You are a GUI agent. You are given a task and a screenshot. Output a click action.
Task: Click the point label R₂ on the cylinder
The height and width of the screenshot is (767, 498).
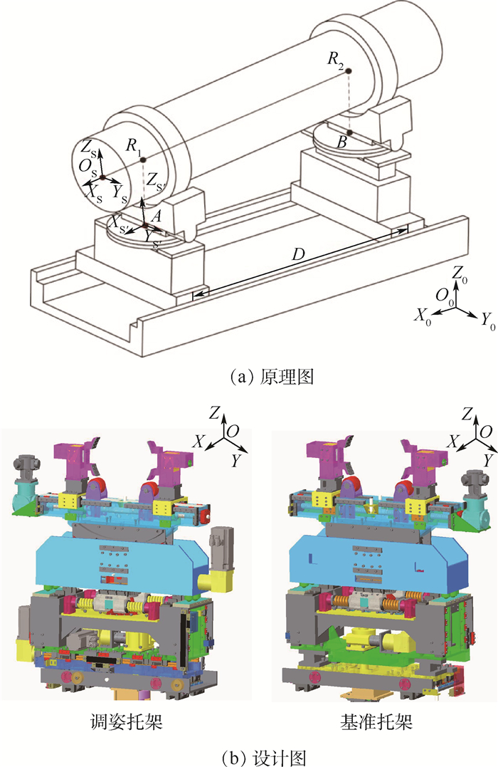336,60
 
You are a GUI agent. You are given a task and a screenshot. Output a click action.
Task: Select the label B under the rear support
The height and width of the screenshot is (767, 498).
343,142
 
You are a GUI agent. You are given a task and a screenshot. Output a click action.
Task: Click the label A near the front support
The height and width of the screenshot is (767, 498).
156,216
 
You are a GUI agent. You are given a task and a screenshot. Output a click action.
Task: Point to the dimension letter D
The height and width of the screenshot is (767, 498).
299,254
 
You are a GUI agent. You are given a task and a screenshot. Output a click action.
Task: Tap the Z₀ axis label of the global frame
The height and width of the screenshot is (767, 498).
460,275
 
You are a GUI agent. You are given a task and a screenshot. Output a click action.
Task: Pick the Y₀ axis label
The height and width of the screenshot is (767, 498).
488,322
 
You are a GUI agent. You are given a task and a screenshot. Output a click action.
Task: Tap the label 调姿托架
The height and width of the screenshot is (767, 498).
127,722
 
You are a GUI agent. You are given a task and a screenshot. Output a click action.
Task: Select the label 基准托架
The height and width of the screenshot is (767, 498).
377,722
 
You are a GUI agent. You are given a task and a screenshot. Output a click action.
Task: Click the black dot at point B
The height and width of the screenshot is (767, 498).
350,132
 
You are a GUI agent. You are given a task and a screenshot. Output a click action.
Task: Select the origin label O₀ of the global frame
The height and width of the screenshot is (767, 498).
444,295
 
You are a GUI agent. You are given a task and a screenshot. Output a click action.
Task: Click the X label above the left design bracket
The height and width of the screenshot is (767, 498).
198,442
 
